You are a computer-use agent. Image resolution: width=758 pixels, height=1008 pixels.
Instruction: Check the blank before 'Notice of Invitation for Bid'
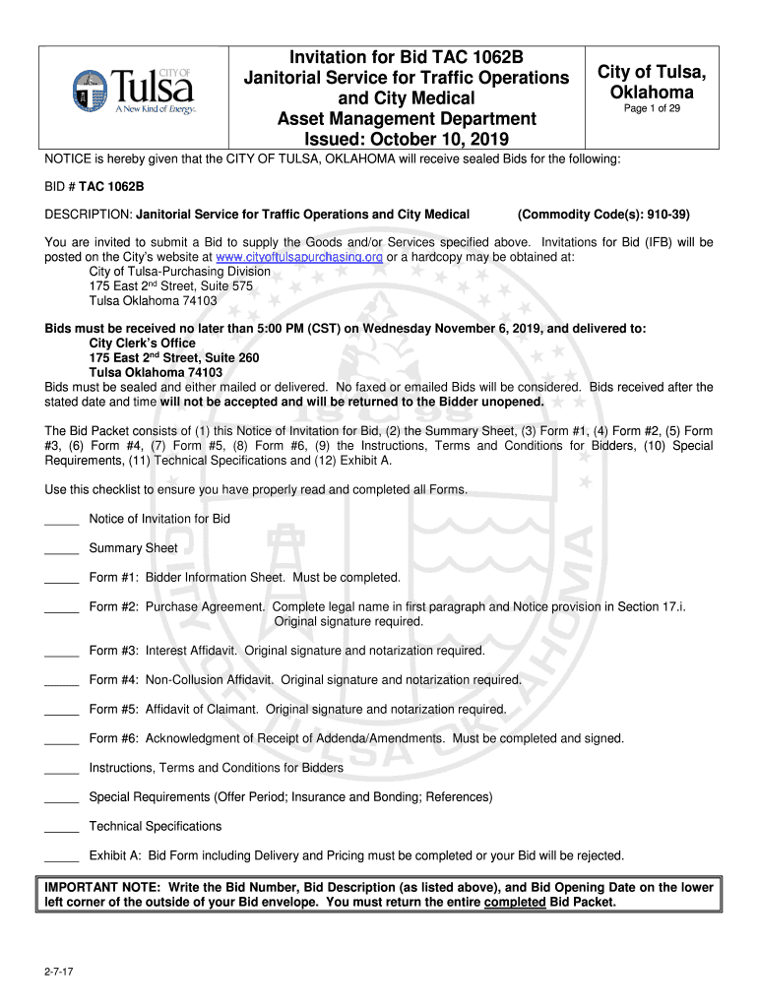tap(61, 519)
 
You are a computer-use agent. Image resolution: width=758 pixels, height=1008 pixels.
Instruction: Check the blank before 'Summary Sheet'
tap(61, 548)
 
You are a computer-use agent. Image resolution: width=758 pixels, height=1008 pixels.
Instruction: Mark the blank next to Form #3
tap(61, 651)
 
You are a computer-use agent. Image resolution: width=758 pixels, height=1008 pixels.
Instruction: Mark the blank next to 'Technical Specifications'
tap(61, 826)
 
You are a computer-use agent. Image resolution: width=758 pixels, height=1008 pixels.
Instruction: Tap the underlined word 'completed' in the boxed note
tap(515, 902)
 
